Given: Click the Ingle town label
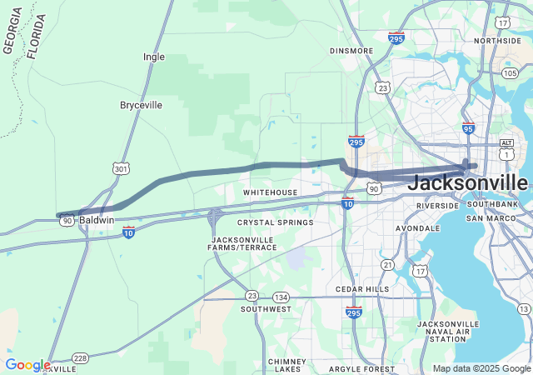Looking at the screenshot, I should (154, 57).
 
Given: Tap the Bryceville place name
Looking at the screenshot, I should (141, 105).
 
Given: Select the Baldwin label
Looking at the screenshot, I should (97, 220).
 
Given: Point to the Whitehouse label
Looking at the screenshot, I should (270, 192).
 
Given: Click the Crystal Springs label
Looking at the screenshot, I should (275, 222).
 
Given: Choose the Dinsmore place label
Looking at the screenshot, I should (351, 51).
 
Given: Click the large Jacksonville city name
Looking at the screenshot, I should (468, 182).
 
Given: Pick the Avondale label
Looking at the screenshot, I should (417, 227).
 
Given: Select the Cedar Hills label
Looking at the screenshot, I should (361, 289).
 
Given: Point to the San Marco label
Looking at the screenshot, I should (486, 218).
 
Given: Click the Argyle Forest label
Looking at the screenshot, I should (361, 368).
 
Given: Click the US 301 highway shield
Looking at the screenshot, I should (121, 169).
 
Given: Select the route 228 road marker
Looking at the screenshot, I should (80, 357).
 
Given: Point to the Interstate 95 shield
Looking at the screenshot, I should (468, 128).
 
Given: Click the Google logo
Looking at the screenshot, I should (27, 365).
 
